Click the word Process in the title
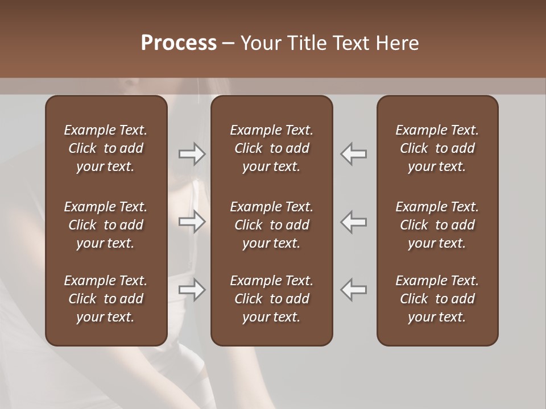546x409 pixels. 179,43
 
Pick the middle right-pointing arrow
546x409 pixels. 192,222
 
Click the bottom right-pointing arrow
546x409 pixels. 192,290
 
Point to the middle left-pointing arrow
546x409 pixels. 354,222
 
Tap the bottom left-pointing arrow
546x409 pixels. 354,290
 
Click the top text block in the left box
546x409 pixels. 106,148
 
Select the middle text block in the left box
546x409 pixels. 106,225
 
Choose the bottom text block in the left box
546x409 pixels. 106,299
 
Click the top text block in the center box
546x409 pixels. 272,148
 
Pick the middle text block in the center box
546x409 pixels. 272,225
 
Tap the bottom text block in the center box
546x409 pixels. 272,299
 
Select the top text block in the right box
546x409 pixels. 437,148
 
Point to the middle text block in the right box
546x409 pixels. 437,225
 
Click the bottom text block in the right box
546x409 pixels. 437,299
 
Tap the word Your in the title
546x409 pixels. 259,43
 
